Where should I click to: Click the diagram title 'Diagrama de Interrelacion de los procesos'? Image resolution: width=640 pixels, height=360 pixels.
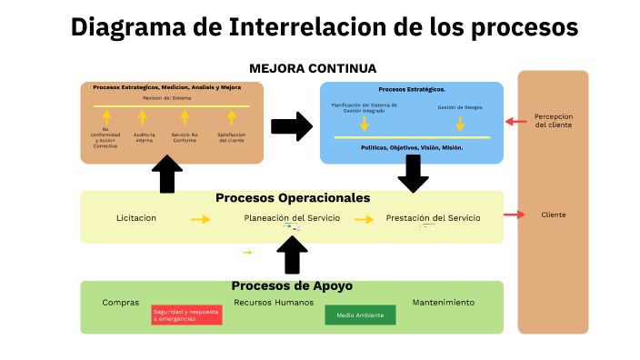324,28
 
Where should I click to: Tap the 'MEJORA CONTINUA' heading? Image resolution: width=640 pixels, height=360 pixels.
313,68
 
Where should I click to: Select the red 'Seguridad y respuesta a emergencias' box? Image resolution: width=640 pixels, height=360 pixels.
186,315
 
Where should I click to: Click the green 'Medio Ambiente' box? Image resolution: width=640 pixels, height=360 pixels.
360,315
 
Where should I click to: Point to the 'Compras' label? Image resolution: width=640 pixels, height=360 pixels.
121,302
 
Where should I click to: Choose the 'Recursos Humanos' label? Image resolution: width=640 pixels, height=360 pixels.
274,302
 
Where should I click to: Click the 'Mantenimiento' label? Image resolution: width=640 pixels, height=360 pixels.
444,302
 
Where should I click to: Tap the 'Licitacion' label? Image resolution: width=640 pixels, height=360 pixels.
136,218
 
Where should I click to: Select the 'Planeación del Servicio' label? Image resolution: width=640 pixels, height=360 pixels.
286,218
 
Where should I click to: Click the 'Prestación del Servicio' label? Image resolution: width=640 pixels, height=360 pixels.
433,218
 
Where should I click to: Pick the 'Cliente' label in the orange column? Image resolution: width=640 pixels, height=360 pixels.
553,215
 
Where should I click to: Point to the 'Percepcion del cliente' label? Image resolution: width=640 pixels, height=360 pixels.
554,121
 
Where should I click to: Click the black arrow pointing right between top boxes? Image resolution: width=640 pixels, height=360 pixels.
291,126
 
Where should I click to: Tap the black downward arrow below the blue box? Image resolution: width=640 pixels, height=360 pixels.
413,173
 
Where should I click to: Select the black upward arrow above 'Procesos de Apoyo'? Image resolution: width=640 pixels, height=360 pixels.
292,255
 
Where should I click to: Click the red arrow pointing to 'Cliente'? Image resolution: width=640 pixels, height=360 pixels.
515,215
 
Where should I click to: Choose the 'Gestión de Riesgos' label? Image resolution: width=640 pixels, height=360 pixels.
459,107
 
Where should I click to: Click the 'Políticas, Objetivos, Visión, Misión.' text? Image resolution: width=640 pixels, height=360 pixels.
412,147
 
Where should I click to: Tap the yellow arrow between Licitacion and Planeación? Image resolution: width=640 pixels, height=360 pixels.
200,219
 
